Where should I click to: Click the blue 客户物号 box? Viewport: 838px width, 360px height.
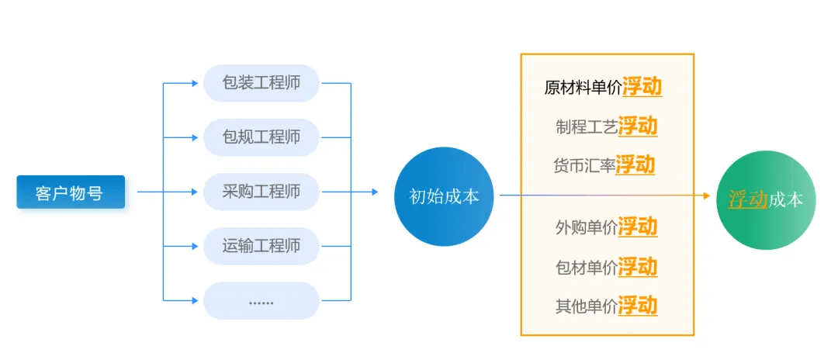point(71,192)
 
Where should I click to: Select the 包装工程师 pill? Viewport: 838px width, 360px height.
point(261,83)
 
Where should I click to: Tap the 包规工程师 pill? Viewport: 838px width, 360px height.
point(261,137)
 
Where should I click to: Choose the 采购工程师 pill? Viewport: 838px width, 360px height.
point(261,192)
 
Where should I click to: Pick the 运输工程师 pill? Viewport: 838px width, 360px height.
point(261,246)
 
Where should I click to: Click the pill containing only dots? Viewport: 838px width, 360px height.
point(261,301)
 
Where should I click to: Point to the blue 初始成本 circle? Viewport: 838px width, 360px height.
point(444,196)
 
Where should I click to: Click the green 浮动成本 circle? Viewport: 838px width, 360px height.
point(766,199)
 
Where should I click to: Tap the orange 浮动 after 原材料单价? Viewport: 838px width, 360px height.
point(642,87)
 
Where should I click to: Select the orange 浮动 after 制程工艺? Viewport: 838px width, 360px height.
point(638,126)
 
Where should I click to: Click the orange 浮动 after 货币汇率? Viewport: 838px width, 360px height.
point(635,164)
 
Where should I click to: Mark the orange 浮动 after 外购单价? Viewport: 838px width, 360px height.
point(638,227)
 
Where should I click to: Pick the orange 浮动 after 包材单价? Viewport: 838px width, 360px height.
point(638,267)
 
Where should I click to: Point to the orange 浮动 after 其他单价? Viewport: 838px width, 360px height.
point(638,306)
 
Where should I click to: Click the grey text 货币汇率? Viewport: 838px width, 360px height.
point(584,165)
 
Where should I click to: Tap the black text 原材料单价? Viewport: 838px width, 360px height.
point(583,88)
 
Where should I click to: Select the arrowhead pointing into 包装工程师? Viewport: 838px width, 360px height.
point(195,83)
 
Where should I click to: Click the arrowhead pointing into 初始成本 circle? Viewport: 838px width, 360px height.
point(375,192)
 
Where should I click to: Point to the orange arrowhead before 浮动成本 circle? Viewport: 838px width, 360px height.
point(707,196)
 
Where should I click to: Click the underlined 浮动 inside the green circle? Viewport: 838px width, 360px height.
point(748,199)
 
